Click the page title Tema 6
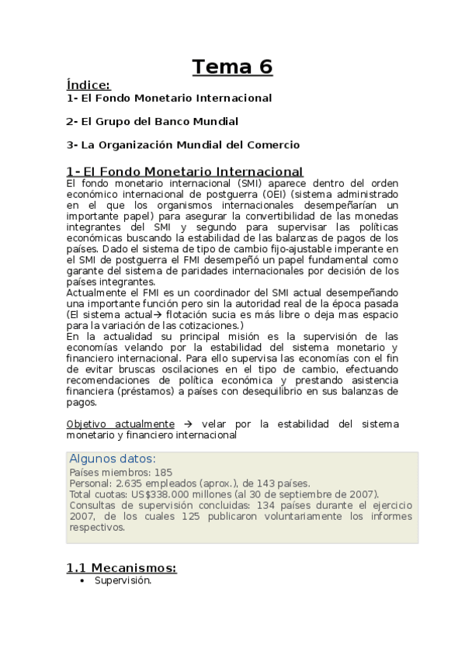233,68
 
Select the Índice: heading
88,85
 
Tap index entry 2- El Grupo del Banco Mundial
152,122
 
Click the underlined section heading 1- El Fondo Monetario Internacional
185,171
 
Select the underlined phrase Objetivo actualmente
120,424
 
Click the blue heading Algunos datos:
113,459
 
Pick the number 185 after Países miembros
163,472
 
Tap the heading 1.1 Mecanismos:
121,568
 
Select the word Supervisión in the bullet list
123,580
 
